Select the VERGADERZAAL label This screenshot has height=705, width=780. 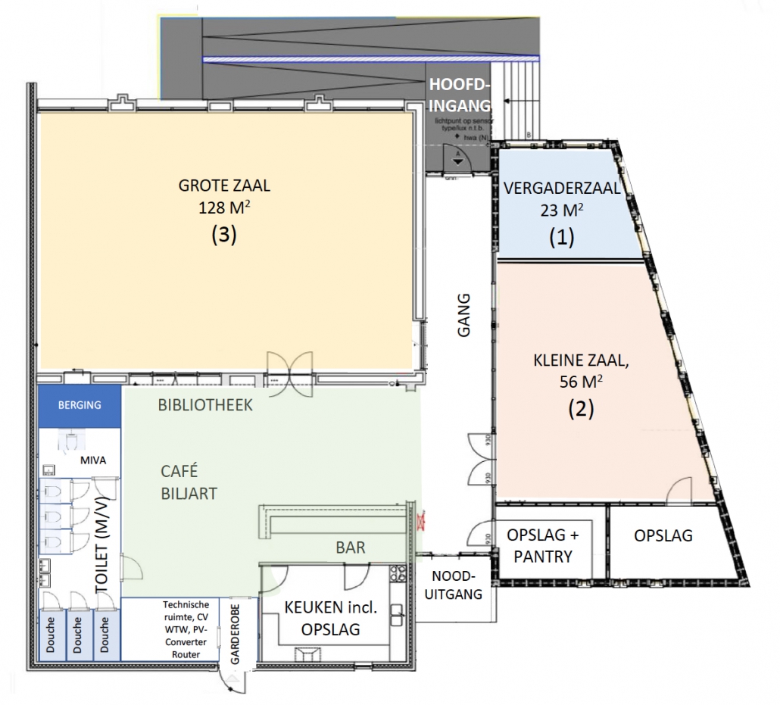(561, 189)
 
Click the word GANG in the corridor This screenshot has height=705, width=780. (464, 315)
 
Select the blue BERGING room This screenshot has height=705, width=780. (80, 404)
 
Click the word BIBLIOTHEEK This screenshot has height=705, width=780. (205, 405)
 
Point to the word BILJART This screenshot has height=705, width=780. (189, 494)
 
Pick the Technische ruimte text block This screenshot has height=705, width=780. (185, 629)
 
